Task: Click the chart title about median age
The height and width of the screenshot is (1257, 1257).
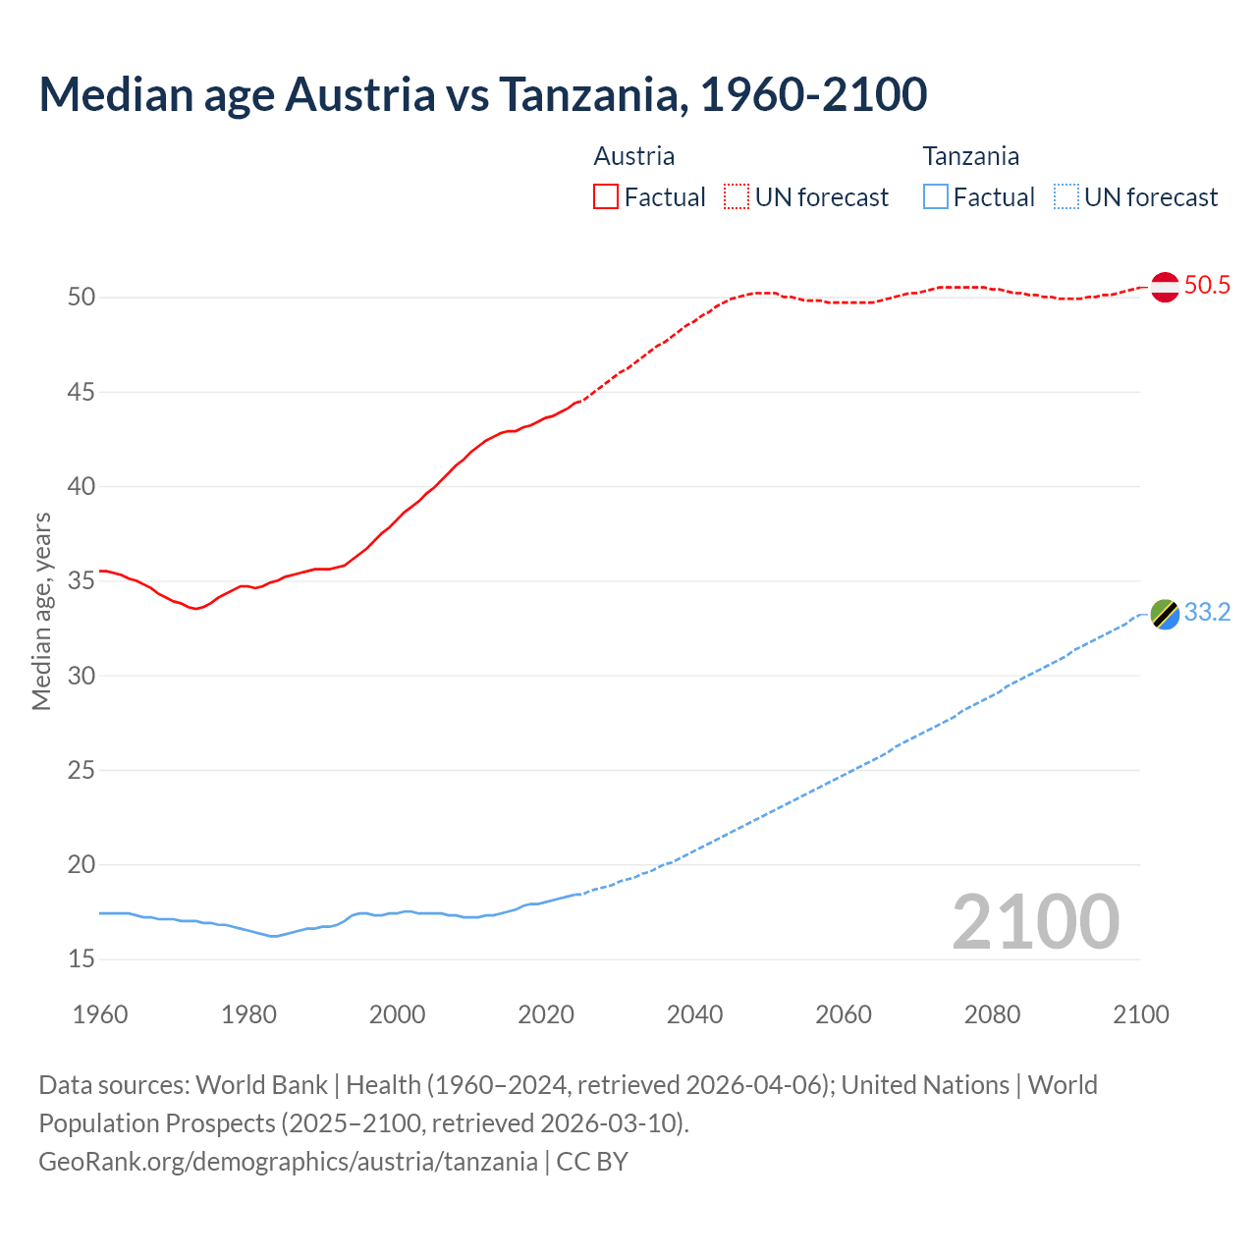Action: (482, 94)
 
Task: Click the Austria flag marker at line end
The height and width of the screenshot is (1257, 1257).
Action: (1165, 287)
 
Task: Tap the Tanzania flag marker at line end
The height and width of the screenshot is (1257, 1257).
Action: (1165, 614)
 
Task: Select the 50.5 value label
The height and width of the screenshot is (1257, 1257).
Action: (1207, 286)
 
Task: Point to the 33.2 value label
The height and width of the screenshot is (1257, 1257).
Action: (1207, 613)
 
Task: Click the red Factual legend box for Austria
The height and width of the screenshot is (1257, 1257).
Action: (606, 196)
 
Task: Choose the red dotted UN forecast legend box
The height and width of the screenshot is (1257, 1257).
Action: (737, 196)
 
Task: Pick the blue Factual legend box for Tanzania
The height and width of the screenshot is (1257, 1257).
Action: (936, 196)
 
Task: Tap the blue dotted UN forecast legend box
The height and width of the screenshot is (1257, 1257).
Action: (1066, 196)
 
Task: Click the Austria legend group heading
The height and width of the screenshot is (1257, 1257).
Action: (634, 156)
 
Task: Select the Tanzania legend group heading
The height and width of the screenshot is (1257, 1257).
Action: (970, 156)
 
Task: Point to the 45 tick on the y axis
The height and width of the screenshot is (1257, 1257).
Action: (81, 392)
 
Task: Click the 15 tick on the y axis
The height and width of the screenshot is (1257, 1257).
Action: (81, 958)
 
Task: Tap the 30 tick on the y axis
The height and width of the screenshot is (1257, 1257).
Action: (81, 676)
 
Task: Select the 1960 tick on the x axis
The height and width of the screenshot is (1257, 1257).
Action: (100, 1014)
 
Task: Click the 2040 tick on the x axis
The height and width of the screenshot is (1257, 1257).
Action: (694, 1014)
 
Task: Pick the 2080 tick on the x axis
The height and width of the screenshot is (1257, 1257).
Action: (992, 1014)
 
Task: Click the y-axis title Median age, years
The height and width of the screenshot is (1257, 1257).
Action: (41, 611)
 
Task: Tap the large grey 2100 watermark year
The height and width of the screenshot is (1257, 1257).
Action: (1035, 922)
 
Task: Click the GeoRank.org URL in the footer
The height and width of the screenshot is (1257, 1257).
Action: (288, 1162)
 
